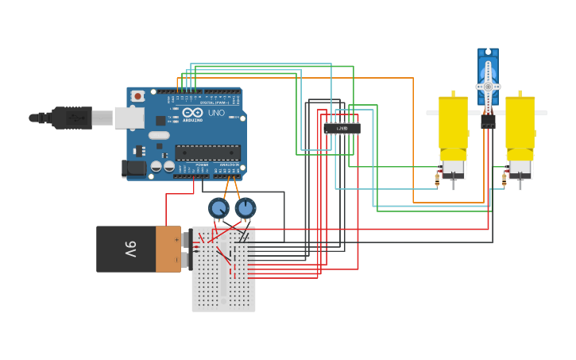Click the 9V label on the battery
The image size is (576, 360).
tap(131, 249)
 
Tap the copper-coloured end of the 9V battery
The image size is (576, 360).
tap(168, 249)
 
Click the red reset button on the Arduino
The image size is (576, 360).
tap(137, 96)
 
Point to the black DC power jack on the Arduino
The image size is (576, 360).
tap(133, 168)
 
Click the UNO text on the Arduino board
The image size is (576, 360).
tap(216, 114)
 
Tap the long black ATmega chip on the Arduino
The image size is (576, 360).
tap(207, 153)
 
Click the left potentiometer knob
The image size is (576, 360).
tap(218, 208)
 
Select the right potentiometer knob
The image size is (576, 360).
tap(245, 208)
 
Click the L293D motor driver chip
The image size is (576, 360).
tap(342, 128)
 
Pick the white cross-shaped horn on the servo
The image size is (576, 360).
tap(488, 86)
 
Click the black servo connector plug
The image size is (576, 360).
tap(488, 122)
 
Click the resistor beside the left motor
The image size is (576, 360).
tap(437, 180)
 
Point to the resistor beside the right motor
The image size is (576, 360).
tap(504, 180)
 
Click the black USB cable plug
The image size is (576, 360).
tap(71, 118)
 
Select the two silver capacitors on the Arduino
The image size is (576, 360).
tap(162, 166)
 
